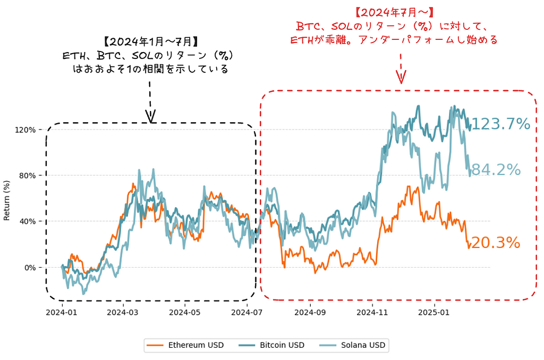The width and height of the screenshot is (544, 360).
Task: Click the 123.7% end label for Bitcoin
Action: [x=500, y=124]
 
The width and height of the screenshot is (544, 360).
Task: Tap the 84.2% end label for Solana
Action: [x=496, y=170]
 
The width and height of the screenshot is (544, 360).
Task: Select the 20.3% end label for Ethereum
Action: [x=495, y=243]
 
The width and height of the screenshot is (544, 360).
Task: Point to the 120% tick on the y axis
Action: [x=25, y=130]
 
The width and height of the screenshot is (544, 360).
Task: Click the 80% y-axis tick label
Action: [x=27, y=175]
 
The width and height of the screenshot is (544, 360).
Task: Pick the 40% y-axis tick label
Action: [x=27, y=221]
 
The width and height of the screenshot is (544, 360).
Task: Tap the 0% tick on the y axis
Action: [x=29, y=267]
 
